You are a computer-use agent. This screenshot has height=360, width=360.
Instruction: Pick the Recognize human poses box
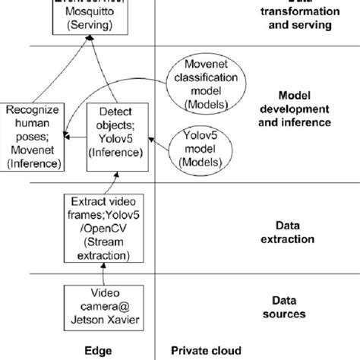pyautogui.click(x=32, y=137)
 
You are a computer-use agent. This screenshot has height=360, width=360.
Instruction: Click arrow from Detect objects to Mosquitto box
pyautogui.click(x=103, y=72)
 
